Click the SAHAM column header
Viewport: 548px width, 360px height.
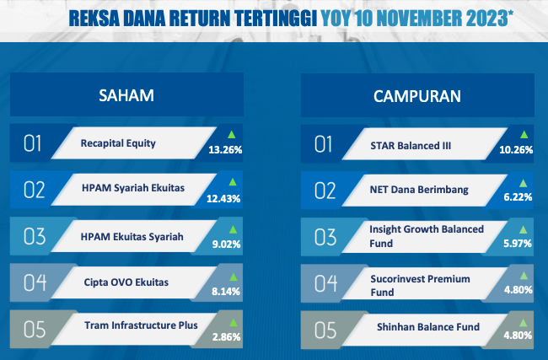click(126, 95)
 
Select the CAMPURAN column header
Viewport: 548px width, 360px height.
click(417, 96)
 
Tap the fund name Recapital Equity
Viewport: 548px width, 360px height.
click(118, 143)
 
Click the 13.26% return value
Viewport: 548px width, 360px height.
click(225, 150)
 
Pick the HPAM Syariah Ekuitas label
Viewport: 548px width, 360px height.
click(133, 188)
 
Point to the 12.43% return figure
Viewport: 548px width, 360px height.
click(223, 199)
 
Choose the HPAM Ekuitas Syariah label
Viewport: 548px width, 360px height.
click(132, 237)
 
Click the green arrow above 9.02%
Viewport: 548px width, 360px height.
click(233, 229)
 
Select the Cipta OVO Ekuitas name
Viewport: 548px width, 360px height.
click(126, 282)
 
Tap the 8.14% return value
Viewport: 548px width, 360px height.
click(226, 292)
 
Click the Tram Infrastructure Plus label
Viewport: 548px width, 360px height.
click(141, 325)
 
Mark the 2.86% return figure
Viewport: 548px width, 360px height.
click(227, 337)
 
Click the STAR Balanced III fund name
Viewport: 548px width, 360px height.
click(411, 146)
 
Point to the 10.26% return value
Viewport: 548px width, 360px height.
click(516, 150)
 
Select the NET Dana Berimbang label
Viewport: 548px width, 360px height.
click(419, 190)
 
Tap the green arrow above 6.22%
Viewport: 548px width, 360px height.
click(524, 183)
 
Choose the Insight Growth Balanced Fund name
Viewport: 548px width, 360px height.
click(427, 236)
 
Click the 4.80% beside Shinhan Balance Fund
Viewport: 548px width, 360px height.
click(518, 336)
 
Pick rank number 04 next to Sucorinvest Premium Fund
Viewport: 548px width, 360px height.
click(325, 283)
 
